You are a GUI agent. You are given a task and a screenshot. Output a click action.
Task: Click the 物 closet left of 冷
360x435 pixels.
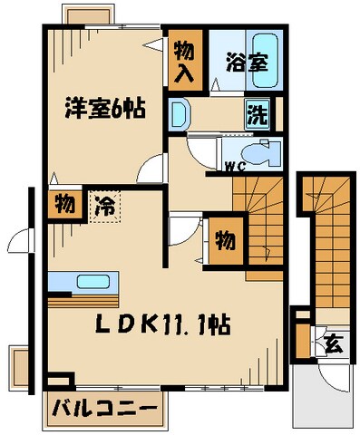63,204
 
